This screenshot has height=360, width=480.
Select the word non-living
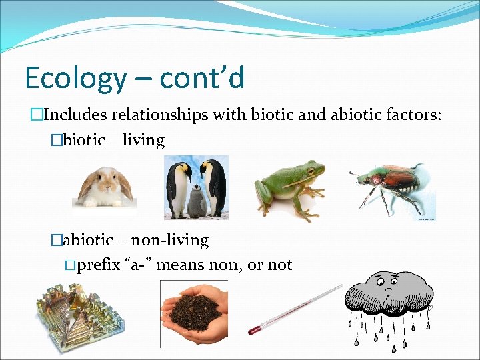(169, 240)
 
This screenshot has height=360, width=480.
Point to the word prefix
(99, 265)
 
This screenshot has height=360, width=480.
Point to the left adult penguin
(179, 187)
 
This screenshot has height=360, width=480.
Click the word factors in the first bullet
(411, 115)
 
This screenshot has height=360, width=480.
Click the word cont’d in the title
(203, 78)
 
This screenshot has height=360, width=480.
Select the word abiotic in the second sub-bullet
(90, 240)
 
